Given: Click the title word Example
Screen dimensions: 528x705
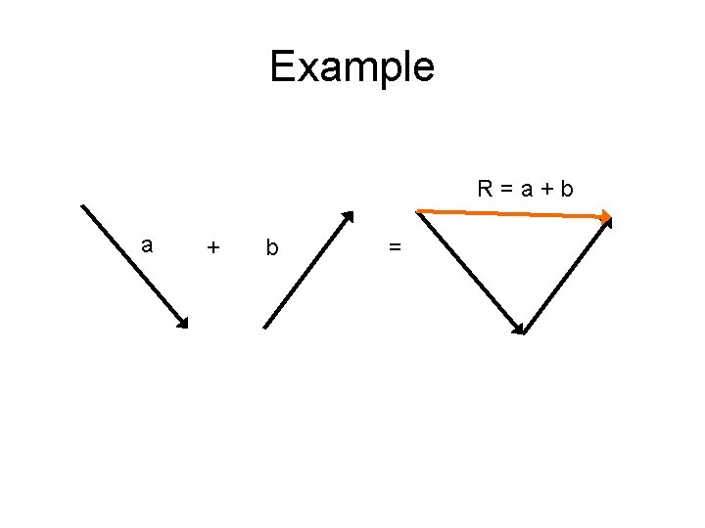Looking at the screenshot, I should tap(352, 66).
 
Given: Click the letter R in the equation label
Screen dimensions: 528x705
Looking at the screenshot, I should tap(485, 188).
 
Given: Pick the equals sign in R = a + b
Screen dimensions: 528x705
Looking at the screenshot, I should tap(507, 189).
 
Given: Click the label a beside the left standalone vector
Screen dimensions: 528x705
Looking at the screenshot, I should tap(147, 245).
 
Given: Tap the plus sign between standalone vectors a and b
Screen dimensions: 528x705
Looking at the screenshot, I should tap(213, 248).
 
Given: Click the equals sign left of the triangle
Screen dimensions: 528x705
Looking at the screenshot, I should tap(394, 248).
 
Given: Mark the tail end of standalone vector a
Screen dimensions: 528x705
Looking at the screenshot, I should tap(82, 206).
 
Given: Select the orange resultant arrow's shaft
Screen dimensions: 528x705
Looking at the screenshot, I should tap(509, 213).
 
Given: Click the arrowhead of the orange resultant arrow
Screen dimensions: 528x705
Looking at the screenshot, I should tap(606, 217).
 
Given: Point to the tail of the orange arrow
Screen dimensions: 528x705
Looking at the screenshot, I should tap(418, 210).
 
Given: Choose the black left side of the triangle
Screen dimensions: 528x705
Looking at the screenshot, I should tap(470, 271).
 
